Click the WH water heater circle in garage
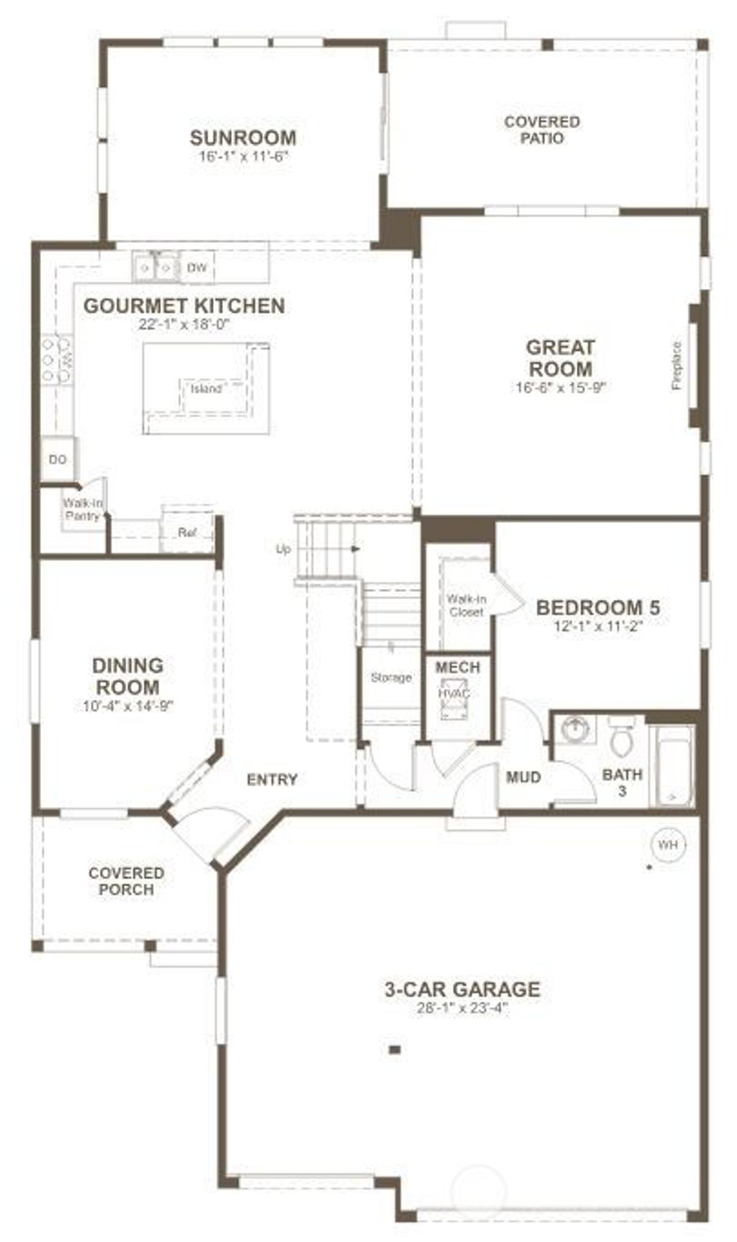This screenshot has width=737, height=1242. point(668,845)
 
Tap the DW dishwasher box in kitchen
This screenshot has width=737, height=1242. point(196,268)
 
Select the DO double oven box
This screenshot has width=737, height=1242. point(58,459)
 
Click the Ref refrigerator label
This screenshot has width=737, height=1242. point(187,533)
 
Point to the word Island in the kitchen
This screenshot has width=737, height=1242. point(206,389)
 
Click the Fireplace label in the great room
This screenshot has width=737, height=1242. point(677,366)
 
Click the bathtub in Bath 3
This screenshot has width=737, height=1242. point(672,767)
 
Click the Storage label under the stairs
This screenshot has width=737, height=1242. point(391,677)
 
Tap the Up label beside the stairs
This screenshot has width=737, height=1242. point(284,549)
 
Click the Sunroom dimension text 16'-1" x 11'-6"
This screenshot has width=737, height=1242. point(243,156)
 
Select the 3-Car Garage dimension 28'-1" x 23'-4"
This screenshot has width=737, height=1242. point(462,1008)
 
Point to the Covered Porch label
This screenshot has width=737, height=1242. point(126,881)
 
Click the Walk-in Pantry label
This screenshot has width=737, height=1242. point(82,509)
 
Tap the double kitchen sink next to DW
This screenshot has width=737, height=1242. point(155,268)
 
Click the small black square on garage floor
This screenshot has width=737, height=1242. point(394,1050)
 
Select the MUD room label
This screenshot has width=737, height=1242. point(523,777)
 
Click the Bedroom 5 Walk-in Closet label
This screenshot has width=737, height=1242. point(466,605)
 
